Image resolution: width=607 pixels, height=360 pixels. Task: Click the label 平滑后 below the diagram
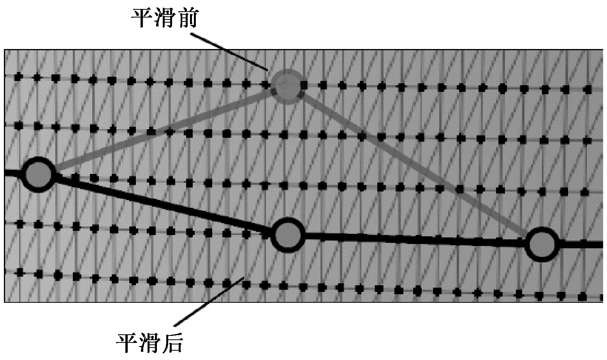click(x=150, y=343)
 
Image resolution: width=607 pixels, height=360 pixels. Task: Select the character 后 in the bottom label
click(x=172, y=343)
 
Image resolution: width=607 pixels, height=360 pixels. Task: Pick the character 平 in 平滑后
click(x=127, y=343)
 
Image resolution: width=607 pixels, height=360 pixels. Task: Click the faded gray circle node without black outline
click(x=287, y=86)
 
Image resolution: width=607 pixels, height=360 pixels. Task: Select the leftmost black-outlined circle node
click(x=38, y=174)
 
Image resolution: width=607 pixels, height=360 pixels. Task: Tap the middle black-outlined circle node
click(x=288, y=235)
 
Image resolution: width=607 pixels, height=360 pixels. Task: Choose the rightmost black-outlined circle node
click(x=542, y=244)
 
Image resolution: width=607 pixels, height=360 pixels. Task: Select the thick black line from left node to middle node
click(x=163, y=204)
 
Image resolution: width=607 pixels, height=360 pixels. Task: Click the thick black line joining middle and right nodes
click(x=415, y=240)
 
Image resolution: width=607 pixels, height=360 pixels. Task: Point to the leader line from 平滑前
click(x=229, y=52)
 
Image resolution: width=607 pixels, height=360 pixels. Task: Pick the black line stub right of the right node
click(x=581, y=245)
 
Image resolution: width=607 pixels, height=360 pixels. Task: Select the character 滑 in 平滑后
click(x=150, y=343)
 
